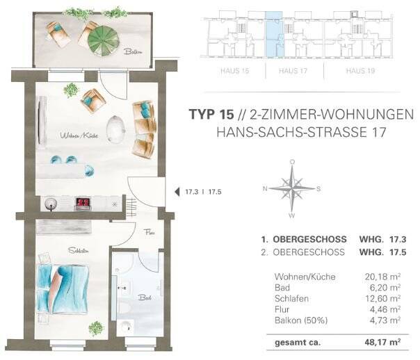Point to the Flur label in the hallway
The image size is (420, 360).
[150, 234]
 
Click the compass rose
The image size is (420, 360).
[292, 188]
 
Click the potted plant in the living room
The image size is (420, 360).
[71, 89]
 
